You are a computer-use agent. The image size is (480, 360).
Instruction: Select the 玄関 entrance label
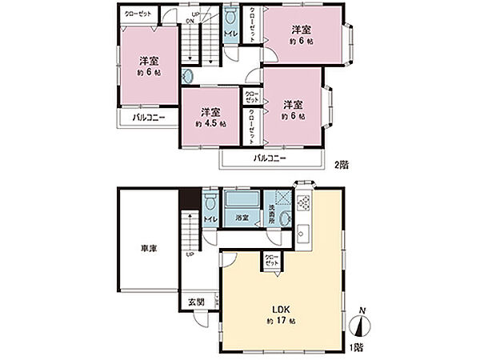197,302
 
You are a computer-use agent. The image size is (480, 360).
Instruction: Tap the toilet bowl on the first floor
210,200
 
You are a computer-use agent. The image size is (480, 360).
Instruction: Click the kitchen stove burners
303,203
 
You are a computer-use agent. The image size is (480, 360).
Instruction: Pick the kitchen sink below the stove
303,233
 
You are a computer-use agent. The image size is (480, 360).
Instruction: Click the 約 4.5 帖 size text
210,124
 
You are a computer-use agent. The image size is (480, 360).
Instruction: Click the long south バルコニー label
270,158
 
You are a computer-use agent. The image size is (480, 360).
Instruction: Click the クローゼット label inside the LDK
271,261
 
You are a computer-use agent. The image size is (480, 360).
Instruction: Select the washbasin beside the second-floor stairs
189,76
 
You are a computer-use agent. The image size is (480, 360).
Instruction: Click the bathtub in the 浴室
242,200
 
